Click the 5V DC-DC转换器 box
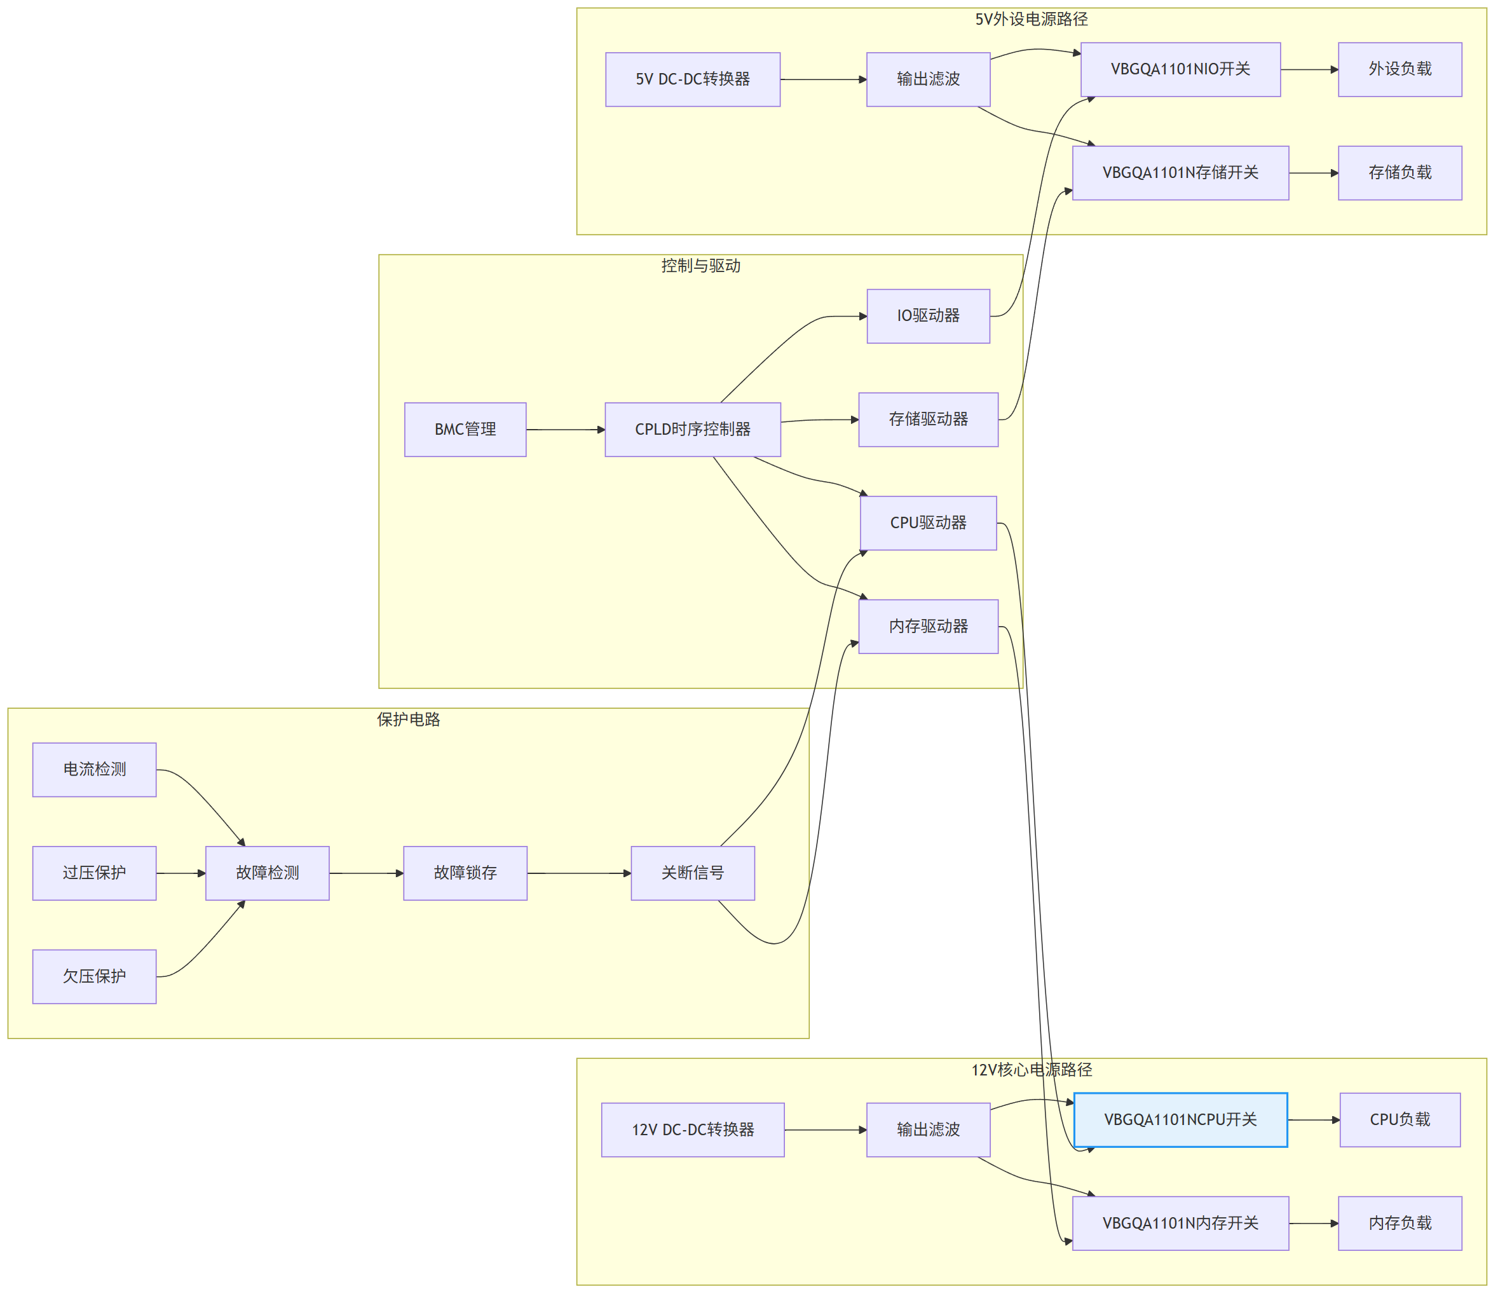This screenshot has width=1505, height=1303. (x=693, y=79)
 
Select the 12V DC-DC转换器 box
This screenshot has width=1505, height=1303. (x=693, y=1130)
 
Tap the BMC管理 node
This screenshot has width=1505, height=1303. (x=465, y=430)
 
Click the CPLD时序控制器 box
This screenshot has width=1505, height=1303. (x=693, y=430)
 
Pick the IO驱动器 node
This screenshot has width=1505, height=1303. (x=929, y=317)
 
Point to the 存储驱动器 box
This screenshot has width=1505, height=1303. (x=929, y=420)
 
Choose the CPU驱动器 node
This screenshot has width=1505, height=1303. (x=929, y=524)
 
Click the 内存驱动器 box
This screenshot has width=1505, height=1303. (x=929, y=627)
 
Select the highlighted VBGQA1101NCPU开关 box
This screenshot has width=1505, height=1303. (x=1181, y=1120)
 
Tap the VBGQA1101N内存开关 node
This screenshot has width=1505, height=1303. (x=1181, y=1224)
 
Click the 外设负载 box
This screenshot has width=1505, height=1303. (x=1400, y=70)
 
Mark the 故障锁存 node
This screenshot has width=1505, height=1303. (x=465, y=873)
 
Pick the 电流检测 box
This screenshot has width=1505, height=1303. (x=95, y=770)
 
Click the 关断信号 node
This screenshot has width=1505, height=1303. (x=693, y=873)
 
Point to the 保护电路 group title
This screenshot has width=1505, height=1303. (x=409, y=720)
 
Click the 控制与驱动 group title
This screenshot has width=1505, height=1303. (x=701, y=266)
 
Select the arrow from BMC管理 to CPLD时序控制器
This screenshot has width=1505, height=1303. (x=566, y=430)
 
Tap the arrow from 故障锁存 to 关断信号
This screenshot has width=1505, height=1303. (x=580, y=873)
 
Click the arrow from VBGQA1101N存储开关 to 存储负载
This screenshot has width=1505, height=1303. (x=1314, y=173)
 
